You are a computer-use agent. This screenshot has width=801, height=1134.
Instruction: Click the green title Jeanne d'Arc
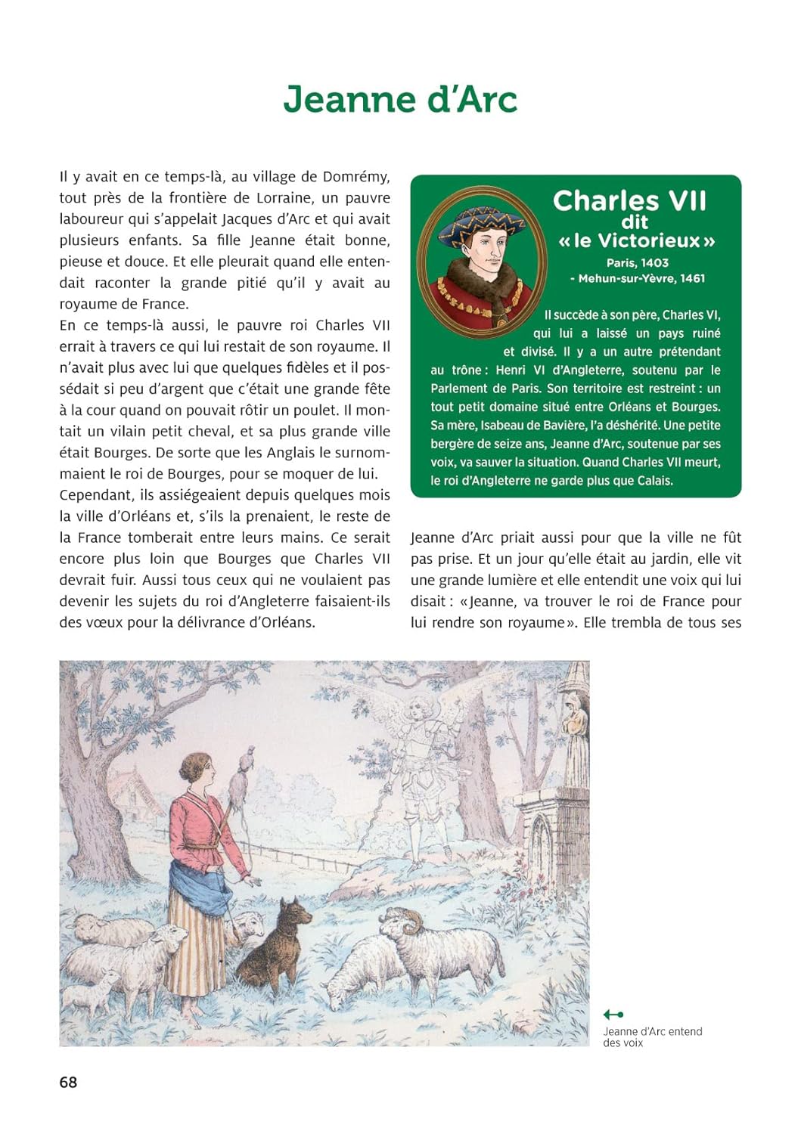pos(400,99)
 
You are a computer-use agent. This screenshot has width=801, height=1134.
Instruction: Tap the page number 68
pos(68,1082)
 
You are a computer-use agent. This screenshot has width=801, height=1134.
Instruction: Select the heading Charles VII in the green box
pos(629,200)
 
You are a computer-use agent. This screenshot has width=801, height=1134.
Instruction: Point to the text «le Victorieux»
pos(636,241)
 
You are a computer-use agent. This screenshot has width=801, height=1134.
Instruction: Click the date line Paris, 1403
pos(637,263)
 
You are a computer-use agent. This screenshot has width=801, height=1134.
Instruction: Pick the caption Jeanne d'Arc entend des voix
pos(652,1036)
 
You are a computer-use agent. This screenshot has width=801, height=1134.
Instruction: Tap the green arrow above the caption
pos(613,1015)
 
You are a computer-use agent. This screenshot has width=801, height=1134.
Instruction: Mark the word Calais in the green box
pos(653,481)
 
